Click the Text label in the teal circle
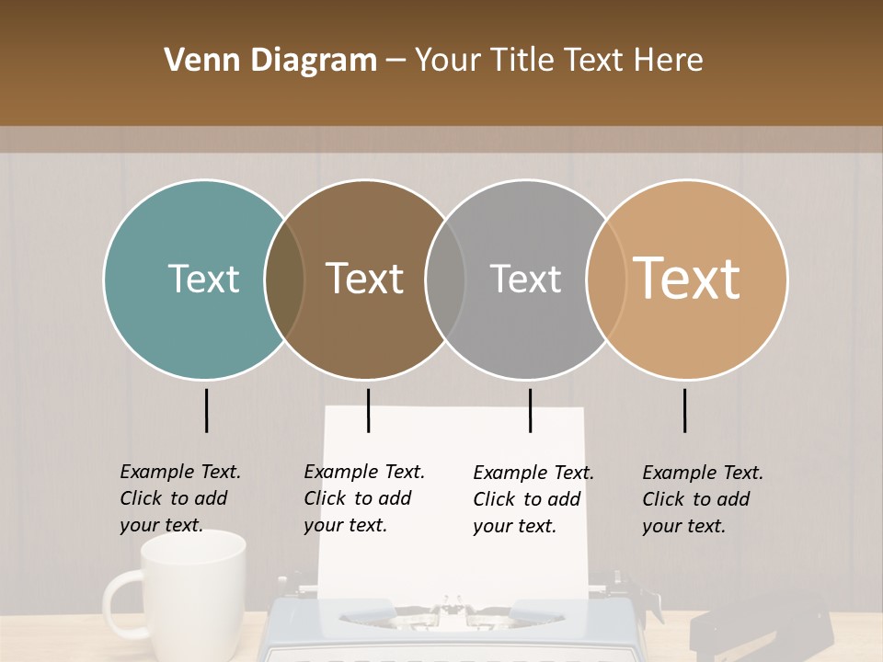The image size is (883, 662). click(203, 279)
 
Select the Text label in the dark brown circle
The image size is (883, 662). click(364, 279)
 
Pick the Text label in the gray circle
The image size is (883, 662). click(525, 279)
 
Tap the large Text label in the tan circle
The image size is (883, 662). click(687, 279)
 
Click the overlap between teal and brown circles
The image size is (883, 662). click(284, 280)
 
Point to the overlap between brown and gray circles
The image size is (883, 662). click(445, 280)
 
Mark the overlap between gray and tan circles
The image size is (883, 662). click(606, 280)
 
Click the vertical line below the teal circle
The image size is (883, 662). click(207, 410)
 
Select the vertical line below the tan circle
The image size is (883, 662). click(685, 410)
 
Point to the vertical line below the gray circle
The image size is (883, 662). click(530, 410)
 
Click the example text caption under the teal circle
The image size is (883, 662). click(179, 498)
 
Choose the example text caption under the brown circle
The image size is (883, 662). click(363, 498)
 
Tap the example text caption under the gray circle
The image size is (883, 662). click(533, 499)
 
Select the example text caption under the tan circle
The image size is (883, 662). click(702, 499)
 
